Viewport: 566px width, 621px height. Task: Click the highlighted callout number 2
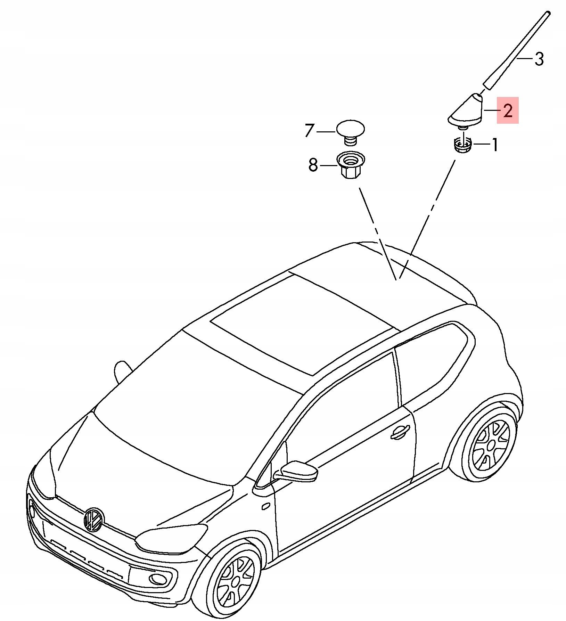(x=508, y=111)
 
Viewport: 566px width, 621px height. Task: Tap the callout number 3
(x=539, y=59)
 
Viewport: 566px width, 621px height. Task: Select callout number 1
(x=495, y=145)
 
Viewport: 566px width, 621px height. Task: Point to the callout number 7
(x=310, y=130)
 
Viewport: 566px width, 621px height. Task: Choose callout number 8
(x=313, y=165)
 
